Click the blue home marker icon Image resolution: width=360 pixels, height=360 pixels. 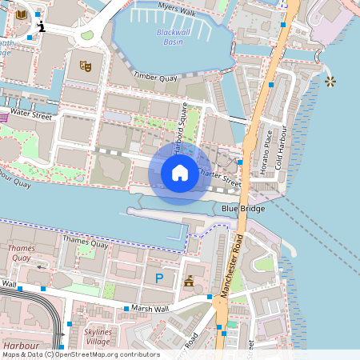point(180,172)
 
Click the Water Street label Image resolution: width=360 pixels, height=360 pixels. point(30,117)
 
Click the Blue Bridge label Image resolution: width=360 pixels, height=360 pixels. point(242,209)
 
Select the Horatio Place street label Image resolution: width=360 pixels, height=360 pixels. point(269,148)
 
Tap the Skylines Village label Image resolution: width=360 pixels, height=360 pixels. point(98,336)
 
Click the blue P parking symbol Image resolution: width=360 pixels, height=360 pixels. point(159,278)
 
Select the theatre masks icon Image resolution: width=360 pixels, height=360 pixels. point(85,65)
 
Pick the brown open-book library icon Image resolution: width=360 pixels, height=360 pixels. point(21,14)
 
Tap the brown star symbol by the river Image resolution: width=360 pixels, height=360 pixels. point(330,81)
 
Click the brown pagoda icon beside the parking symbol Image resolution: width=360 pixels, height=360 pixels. point(190,281)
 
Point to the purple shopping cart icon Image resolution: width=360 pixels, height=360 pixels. point(3,117)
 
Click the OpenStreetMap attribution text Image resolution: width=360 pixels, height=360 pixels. point(81,354)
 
